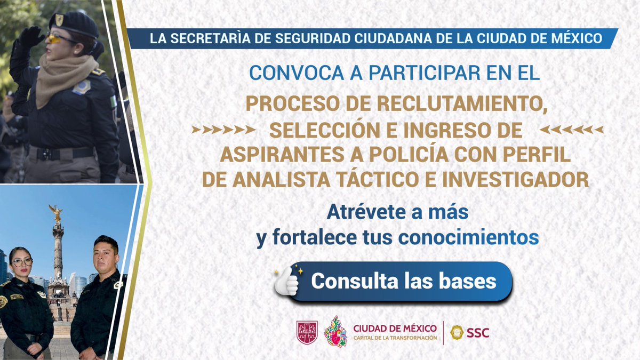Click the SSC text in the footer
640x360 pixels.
[x=477, y=333]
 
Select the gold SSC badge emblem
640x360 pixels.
[x=457, y=332]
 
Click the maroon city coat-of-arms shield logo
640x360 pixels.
[x=307, y=332]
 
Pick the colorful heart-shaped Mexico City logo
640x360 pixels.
[x=335, y=331]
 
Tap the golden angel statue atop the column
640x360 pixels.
[x=55, y=213]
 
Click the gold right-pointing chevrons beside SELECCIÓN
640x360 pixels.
[x=220, y=130]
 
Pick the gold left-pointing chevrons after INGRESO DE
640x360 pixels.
[x=571, y=130]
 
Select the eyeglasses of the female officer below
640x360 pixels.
[x=22, y=262]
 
